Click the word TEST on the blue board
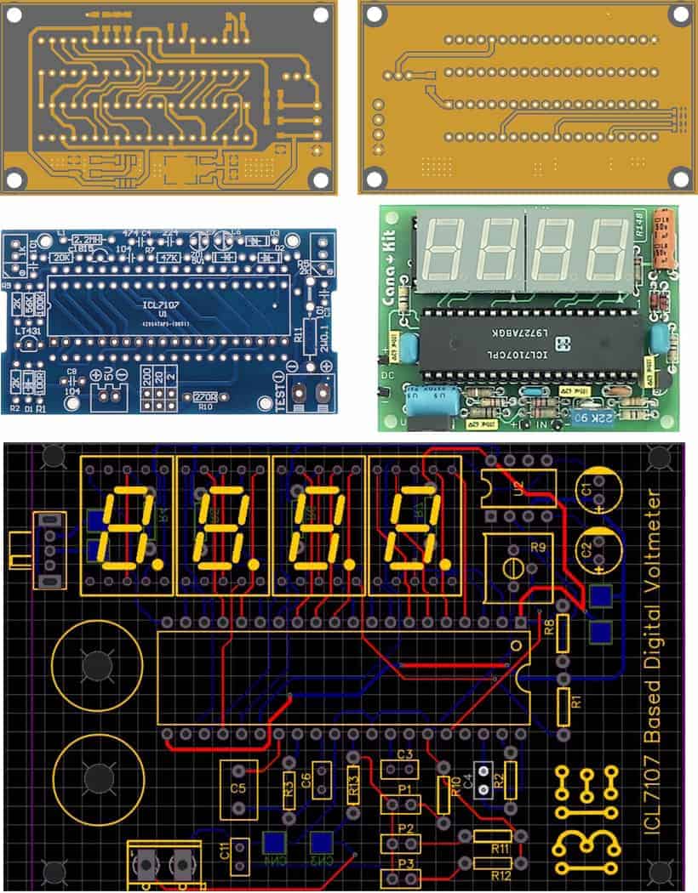pyautogui.click(x=278, y=393)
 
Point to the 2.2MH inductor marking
pyautogui.click(x=88, y=240)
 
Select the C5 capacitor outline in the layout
pyautogui.click(x=238, y=789)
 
